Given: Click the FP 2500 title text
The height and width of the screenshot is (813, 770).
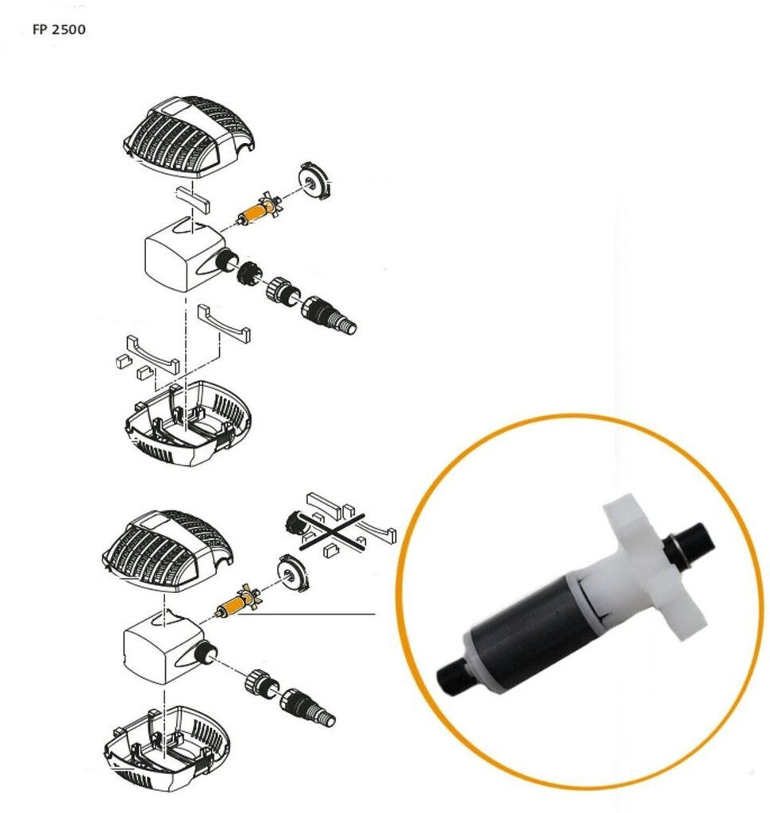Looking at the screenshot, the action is [59, 29].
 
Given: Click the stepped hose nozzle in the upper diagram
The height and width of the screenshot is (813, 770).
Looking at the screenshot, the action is [329, 314].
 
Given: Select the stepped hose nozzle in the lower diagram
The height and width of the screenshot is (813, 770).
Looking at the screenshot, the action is [307, 706].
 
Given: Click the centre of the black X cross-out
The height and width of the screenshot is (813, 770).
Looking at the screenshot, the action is [333, 531].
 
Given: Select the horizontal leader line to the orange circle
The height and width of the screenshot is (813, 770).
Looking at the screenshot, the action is [305, 615].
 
